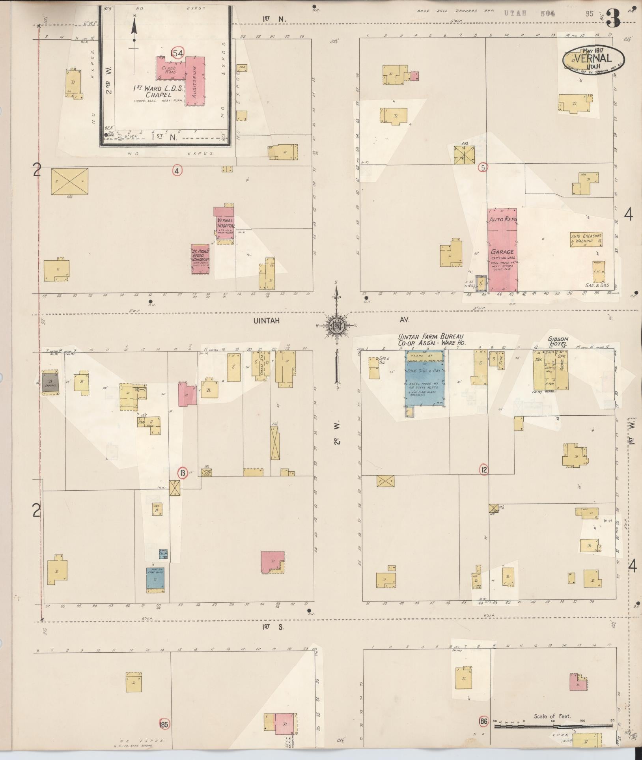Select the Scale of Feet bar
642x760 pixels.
pyautogui.click(x=552, y=725)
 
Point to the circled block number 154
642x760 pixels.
pyautogui.click(x=177, y=53)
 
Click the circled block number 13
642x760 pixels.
pyautogui.click(x=182, y=473)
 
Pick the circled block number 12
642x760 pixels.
pyautogui.click(x=484, y=469)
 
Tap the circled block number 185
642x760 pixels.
pyautogui.click(x=164, y=724)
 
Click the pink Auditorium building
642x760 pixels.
pyautogui.click(x=196, y=81)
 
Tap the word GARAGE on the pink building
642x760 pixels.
pyautogui.click(x=502, y=252)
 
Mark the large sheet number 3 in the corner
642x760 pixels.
pyautogui.click(x=614, y=19)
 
